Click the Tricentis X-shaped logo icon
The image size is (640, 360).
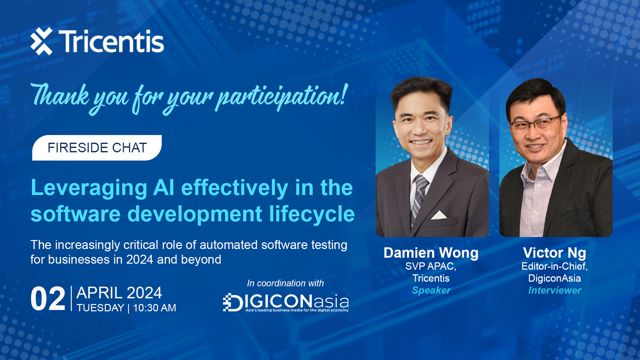tap(42, 41)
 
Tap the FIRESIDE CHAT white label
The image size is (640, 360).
tap(97, 148)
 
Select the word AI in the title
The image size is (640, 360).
tap(163, 188)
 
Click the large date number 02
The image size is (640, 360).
tap(48, 299)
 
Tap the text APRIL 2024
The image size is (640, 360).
tap(119, 293)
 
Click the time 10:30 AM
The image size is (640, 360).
tap(154, 308)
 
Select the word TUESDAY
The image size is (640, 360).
tap(100, 308)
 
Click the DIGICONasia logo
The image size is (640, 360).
tap(286, 302)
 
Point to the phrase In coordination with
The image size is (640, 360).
tap(285, 283)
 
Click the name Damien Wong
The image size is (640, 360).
tap(431, 253)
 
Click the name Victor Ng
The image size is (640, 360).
tap(554, 253)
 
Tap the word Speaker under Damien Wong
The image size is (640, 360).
tap(431, 290)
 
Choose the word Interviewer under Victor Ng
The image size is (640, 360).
tap(555, 290)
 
